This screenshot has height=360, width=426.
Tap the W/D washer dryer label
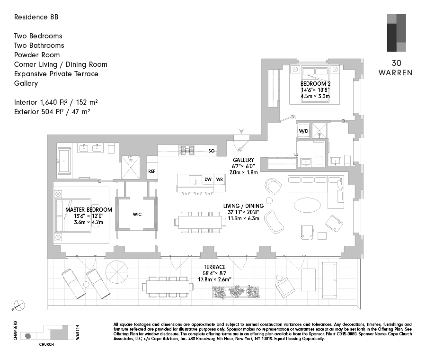303,131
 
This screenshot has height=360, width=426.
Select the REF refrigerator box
151,171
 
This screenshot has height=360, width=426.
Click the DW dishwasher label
208,180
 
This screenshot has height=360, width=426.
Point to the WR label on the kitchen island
220,180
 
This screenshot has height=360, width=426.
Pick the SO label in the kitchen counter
211,151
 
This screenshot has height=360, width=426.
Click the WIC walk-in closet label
137,214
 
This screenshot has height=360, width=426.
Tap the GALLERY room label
243,160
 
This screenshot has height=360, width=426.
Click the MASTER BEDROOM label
89,210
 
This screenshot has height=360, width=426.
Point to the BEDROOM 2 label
315,84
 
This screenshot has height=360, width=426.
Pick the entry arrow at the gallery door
242,131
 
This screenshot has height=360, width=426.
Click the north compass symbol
18,305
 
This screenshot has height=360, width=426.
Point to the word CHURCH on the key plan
46,344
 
